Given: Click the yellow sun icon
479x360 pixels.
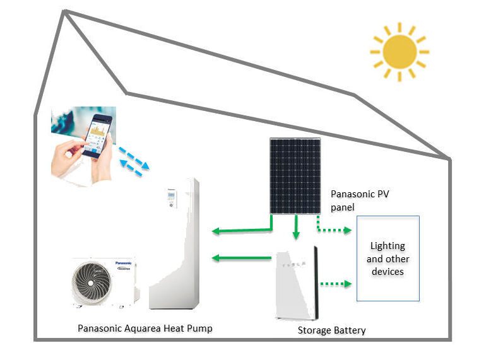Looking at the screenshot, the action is (x=399, y=52).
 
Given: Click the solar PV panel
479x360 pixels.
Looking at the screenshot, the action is (x=295, y=176).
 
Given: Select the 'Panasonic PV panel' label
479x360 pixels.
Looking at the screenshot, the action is (x=360, y=200).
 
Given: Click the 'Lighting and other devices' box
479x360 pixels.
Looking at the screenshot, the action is (x=388, y=258).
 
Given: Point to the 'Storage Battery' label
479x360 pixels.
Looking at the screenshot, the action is (x=331, y=330).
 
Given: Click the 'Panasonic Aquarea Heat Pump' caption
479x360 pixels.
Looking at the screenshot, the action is (x=145, y=328).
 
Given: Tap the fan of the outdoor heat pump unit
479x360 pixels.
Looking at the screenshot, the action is (x=91, y=283).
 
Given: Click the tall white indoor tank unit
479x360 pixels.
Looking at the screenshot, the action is (x=174, y=244).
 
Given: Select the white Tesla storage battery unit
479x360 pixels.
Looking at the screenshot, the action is (x=297, y=283).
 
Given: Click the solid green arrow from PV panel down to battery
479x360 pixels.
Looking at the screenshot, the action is (x=296, y=227).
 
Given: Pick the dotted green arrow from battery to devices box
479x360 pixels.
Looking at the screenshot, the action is (x=336, y=284).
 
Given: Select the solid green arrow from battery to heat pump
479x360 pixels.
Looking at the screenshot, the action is (x=242, y=258).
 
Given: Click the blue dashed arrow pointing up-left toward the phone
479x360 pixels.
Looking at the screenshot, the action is (x=131, y=168).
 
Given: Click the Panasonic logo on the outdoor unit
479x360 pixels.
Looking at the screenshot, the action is (x=124, y=263).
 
